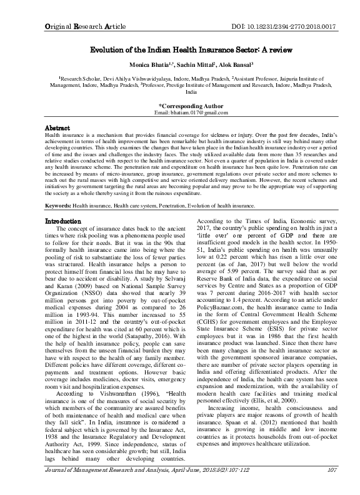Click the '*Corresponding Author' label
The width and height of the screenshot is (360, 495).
tap(179, 106)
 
